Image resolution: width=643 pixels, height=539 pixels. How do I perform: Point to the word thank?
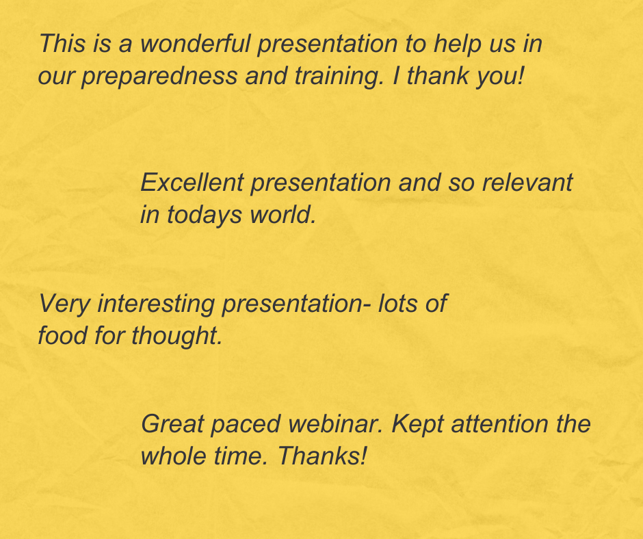click(443, 75)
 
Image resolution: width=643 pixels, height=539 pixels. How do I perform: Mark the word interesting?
click(157, 303)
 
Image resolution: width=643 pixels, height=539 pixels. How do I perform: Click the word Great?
click(172, 424)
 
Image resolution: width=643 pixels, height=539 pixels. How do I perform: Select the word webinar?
click(334, 424)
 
